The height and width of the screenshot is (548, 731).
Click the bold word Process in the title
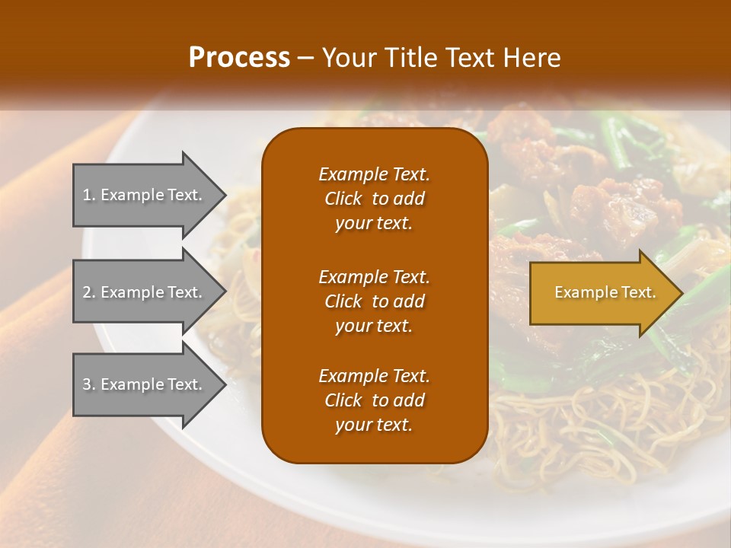(x=239, y=58)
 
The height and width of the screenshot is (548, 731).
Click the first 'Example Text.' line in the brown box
(x=374, y=174)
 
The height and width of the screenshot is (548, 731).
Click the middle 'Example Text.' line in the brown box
(x=374, y=277)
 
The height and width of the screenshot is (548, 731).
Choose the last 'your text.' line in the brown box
(x=374, y=425)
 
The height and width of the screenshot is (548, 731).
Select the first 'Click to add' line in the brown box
(x=374, y=199)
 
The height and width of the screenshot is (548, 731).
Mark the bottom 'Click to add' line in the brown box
(x=374, y=400)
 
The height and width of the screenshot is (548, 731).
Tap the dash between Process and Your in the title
(x=305, y=58)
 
